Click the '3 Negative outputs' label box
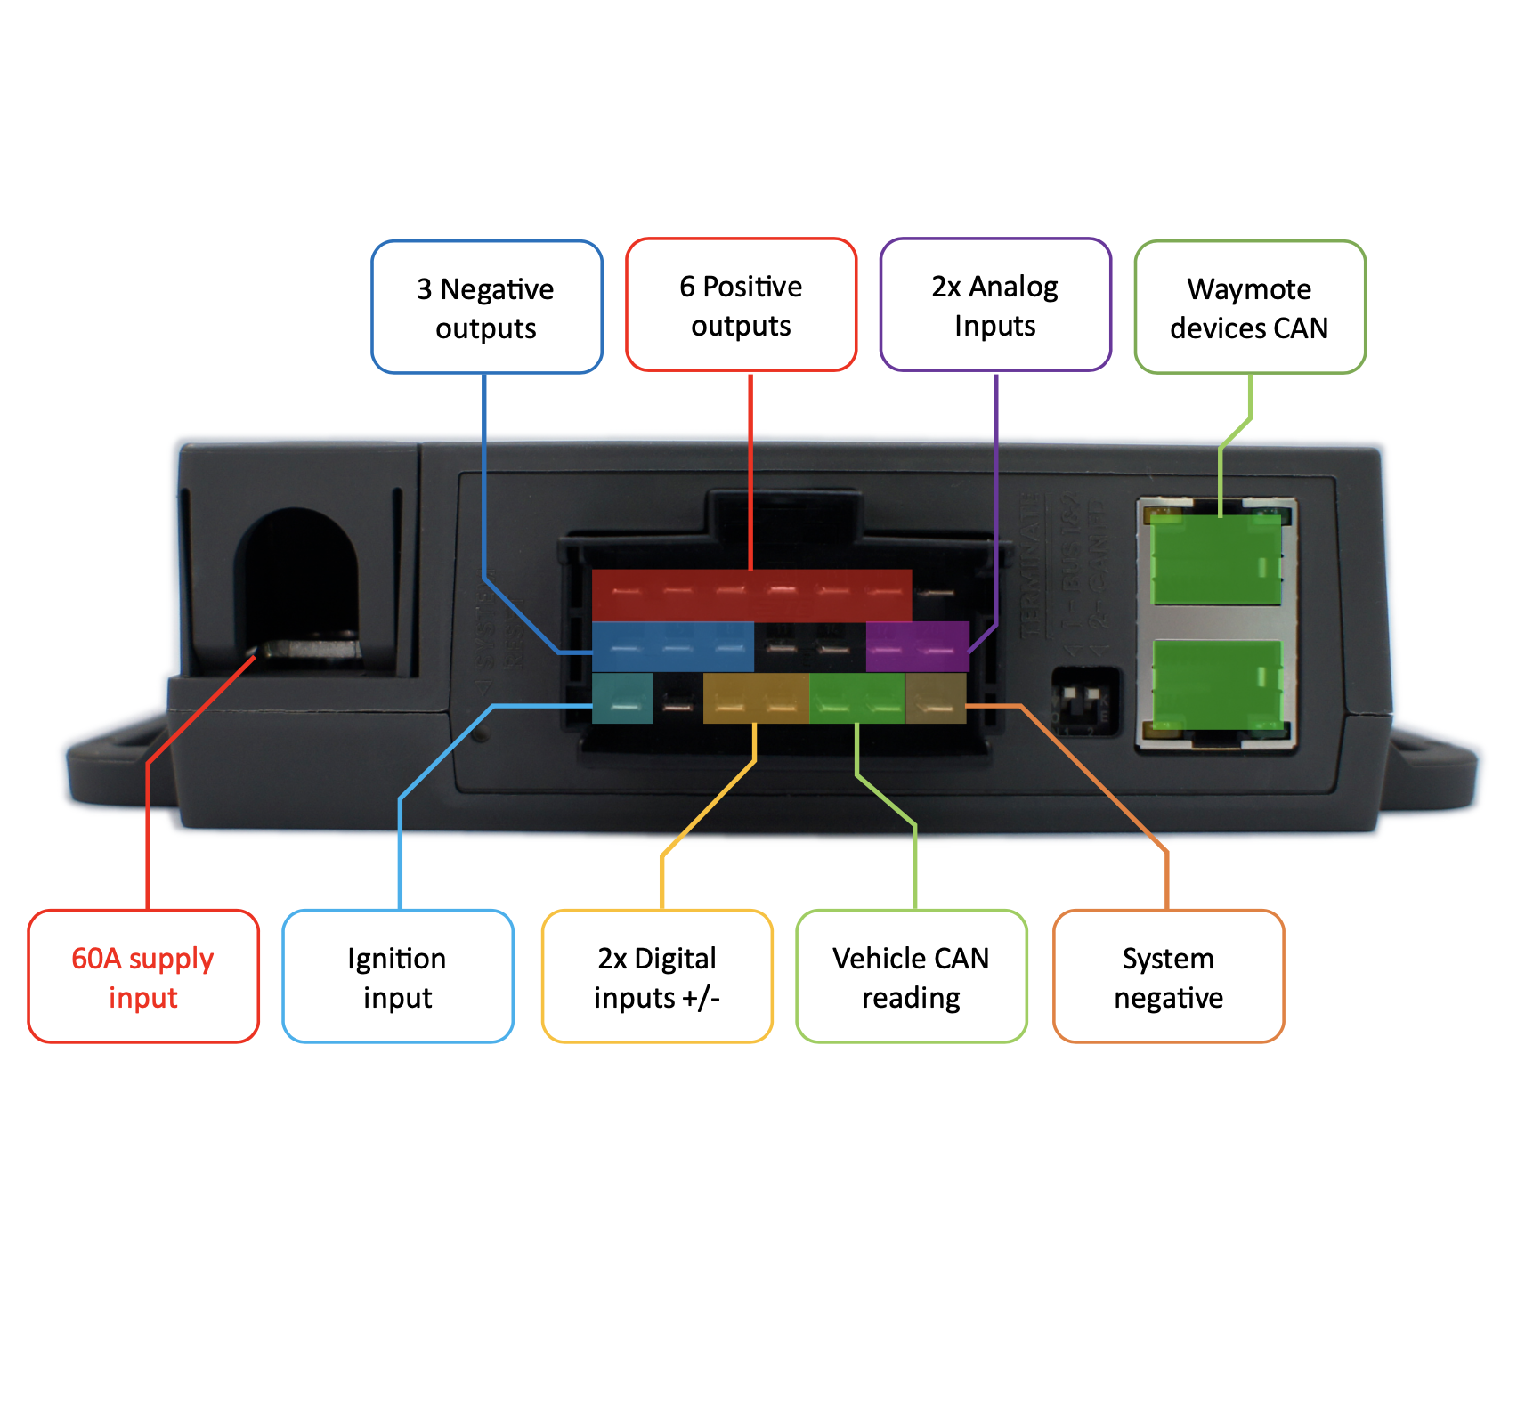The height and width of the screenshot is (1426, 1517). coord(486,307)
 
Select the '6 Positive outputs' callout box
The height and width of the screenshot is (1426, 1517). coord(741,304)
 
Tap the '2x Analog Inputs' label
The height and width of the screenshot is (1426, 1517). coord(995,304)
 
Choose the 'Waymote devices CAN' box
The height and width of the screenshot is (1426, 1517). coord(1249,307)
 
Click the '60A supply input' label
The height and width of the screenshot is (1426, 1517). coord(142,976)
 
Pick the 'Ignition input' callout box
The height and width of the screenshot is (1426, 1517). coord(397,976)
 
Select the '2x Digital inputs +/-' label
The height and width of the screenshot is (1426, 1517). coord(657,976)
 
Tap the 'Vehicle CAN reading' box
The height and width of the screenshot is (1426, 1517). coord(911,976)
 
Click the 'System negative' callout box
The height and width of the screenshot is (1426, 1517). coord(1168,976)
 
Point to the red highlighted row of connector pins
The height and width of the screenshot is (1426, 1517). coord(751,595)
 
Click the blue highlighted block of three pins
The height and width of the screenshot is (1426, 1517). coord(672,646)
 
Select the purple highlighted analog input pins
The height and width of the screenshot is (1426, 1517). coord(917,646)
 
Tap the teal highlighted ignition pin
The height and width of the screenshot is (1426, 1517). coord(622,698)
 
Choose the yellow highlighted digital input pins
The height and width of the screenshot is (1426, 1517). coord(756,698)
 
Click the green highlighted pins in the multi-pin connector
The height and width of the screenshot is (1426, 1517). coord(856,698)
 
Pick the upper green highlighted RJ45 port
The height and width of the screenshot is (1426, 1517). coord(1216,560)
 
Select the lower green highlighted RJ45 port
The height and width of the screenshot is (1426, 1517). coord(1216,684)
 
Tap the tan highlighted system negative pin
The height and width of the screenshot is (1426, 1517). coord(935,698)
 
